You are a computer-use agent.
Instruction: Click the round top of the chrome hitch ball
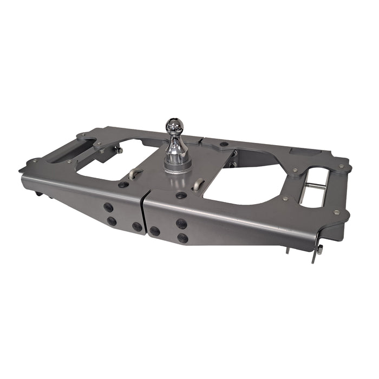(x=175, y=126)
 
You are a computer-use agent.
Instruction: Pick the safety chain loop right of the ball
(x=199, y=184)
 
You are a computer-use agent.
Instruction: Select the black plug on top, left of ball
(x=123, y=184)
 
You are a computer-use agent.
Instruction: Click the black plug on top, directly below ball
(x=181, y=195)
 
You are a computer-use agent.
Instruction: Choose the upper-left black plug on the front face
(x=108, y=207)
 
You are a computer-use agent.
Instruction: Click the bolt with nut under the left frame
(x=119, y=150)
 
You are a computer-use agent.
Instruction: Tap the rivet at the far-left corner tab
(x=35, y=161)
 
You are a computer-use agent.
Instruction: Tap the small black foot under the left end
(x=38, y=193)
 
